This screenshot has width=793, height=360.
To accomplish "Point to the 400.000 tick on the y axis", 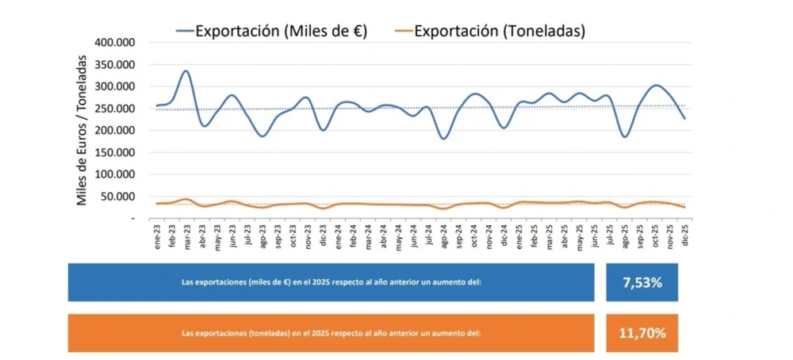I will pyautogui.click(x=115, y=42).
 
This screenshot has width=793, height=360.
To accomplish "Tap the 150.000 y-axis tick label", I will pyautogui.click(x=115, y=152).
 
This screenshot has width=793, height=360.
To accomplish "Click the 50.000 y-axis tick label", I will pyautogui.click(x=118, y=197).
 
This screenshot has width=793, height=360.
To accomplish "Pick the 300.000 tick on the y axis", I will pyautogui.click(x=115, y=86).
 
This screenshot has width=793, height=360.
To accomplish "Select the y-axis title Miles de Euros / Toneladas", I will pyautogui.click(x=82, y=130).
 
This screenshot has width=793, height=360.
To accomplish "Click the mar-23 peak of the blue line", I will pyautogui.click(x=186, y=71).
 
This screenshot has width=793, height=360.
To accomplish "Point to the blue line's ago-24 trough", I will pyautogui.click(x=443, y=139).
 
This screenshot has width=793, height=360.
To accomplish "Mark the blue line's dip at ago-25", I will pyautogui.click(x=625, y=137).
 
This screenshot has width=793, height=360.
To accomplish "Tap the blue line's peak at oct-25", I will pyautogui.click(x=656, y=85).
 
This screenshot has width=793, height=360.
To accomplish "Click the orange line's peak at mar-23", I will pyautogui.click(x=186, y=199).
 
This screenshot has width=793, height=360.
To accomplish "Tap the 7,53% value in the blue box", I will pyautogui.click(x=641, y=282).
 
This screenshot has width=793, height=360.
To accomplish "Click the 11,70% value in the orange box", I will pyautogui.click(x=641, y=333).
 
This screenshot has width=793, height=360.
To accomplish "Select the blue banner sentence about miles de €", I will pyautogui.click(x=331, y=282).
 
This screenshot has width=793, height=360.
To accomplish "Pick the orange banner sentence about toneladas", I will pyautogui.click(x=331, y=333).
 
